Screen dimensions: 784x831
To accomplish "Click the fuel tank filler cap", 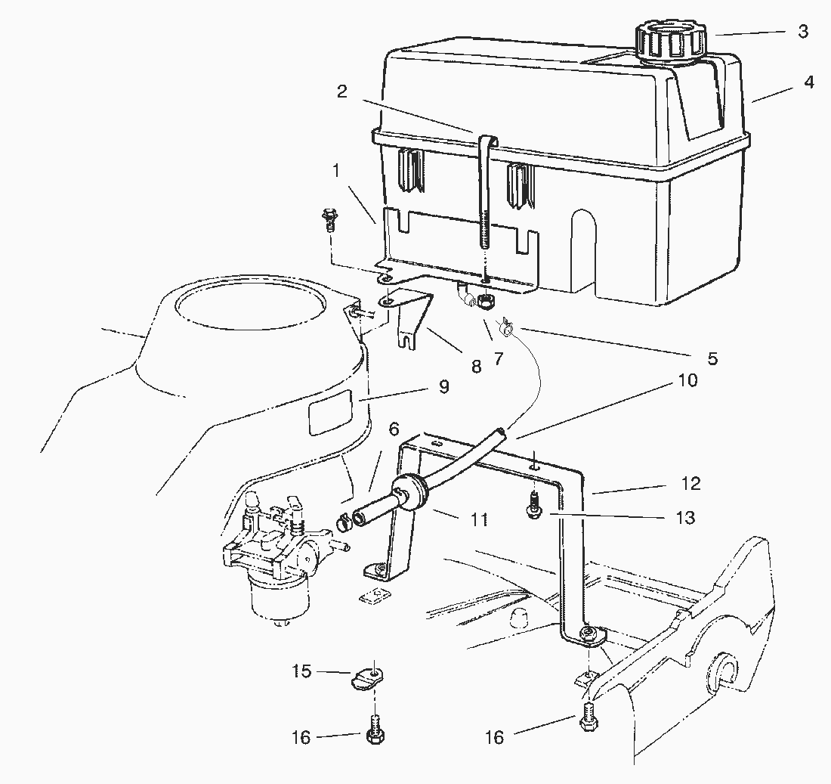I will click(x=671, y=42).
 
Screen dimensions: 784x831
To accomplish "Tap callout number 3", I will click(x=803, y=32).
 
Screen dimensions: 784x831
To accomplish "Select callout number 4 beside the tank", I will click(x=809, y=82).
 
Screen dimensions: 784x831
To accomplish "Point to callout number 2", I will click(x=342, y=92).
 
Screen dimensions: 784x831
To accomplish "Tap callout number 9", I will click(x=443, y=387).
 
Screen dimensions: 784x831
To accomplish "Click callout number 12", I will click(x=690, y=483).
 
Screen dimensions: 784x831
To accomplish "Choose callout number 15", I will click(x=301, y=671).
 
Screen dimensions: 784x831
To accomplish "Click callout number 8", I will click(x=475, y=367).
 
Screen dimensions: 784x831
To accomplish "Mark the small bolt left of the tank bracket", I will click(x=329, y=218).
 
